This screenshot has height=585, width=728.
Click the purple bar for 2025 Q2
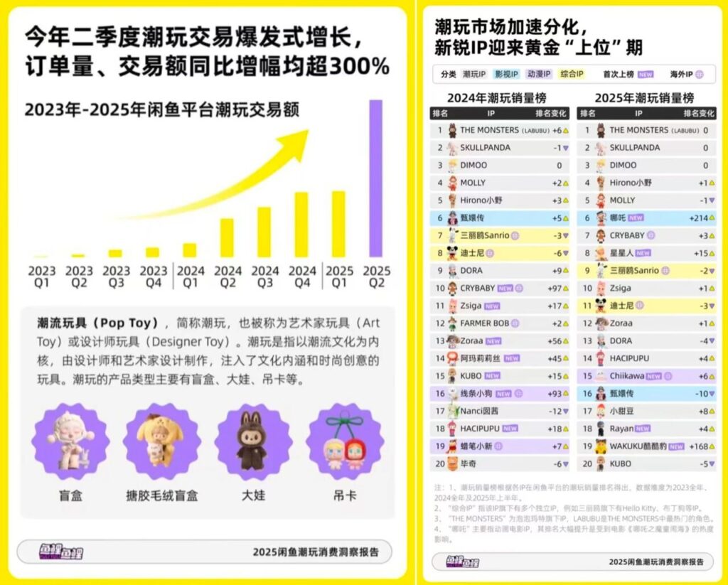[x=375, y=178]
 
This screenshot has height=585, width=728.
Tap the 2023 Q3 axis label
[x=116, y=277]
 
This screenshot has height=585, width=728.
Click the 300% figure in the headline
[x=360, y=67]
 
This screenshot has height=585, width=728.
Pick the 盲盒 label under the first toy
[x=71, y=494]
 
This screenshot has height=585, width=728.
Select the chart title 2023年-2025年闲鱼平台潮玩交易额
[x=162, y=109]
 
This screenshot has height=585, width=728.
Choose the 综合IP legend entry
[x=572, y=74]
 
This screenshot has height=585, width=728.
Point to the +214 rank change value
[x=698, y=218]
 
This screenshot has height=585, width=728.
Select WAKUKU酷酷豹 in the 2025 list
[x=637, y=446]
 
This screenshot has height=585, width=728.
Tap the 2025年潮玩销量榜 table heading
[x=644, y=98]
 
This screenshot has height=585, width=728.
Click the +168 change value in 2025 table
[x=698, y=446]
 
